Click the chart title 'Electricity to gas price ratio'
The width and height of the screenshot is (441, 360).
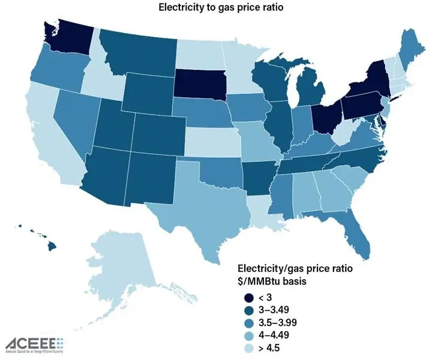(220, 8)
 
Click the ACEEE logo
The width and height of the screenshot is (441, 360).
(34, 344)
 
